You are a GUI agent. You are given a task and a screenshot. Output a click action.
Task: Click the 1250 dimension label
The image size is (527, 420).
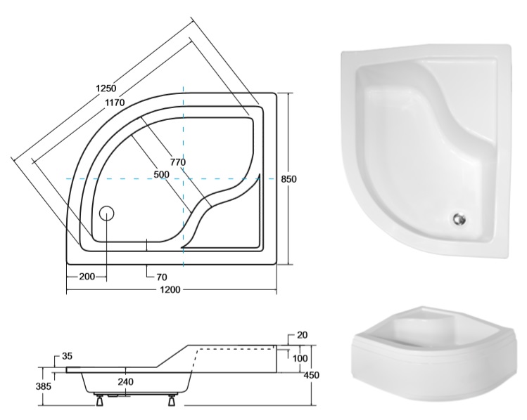[x=106, y=88]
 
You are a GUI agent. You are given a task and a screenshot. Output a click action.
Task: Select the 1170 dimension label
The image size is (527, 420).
[x=115, y=103]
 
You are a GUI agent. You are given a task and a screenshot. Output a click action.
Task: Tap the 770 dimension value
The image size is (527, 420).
[x=178, y=162]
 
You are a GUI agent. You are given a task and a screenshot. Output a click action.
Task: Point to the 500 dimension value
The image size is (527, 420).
[x=161, y=174]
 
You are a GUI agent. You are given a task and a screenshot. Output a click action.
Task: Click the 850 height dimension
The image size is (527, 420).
[x=288, y=179]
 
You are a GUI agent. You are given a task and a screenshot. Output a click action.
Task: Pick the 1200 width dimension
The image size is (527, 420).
[x=170, y=289]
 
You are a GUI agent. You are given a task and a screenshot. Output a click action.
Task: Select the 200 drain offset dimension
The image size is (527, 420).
[x=87, y=277]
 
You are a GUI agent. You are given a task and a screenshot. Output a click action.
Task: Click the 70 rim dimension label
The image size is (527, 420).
[x=162, y=277]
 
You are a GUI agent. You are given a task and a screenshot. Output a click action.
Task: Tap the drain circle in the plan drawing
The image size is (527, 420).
[x=107, y=214]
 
